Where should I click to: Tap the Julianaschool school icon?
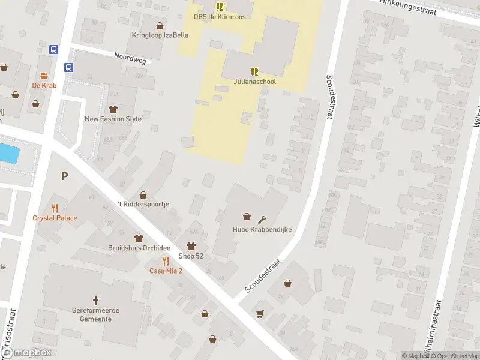click(254, 71)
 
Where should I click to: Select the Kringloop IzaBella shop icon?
click(160, 26)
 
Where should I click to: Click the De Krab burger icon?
click(44, 76)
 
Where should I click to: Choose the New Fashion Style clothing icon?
click(113, 109)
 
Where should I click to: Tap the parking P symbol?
click(64, 176)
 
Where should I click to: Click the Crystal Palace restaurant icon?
click(55, 208)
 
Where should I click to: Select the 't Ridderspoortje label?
click(143, 204)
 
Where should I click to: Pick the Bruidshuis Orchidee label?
click(139, 248)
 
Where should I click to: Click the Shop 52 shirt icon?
click(191, 246)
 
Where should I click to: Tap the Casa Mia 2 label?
click(166, 271)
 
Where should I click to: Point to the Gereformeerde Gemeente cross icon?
click(95, 300)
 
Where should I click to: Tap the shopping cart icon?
click(260, 313)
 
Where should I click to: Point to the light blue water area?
click(8, 153)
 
